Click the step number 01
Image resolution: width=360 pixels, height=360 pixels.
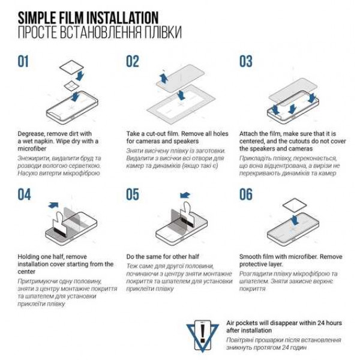coord(23,61)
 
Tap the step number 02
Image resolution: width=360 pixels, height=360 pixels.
coord(133,61)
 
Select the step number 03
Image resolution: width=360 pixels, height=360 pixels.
coord(245,61)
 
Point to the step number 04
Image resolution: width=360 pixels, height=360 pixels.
coord(24,194)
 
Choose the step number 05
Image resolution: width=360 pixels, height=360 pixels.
coord(133,194)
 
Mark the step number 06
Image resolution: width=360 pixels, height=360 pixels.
coord(245,194)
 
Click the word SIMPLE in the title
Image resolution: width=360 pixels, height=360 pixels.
coord(37,17)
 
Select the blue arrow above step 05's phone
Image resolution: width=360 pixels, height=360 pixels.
coord(185,196)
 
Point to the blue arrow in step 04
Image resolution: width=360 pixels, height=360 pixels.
coord(53,205)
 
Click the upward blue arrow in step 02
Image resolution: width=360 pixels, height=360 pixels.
coord(163,78)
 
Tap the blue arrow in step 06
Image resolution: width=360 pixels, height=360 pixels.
coord(295,220)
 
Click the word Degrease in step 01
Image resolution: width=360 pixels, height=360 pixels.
coord(31,134)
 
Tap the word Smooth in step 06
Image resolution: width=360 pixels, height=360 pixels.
coord(250,257)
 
